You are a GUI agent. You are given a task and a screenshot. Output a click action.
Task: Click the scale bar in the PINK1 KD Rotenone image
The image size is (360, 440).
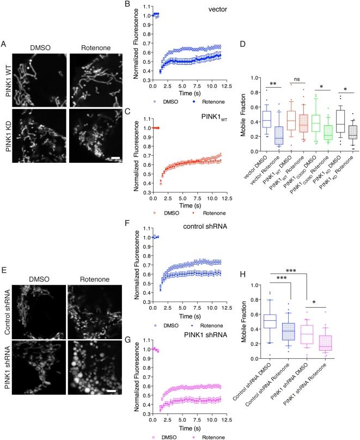108,144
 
